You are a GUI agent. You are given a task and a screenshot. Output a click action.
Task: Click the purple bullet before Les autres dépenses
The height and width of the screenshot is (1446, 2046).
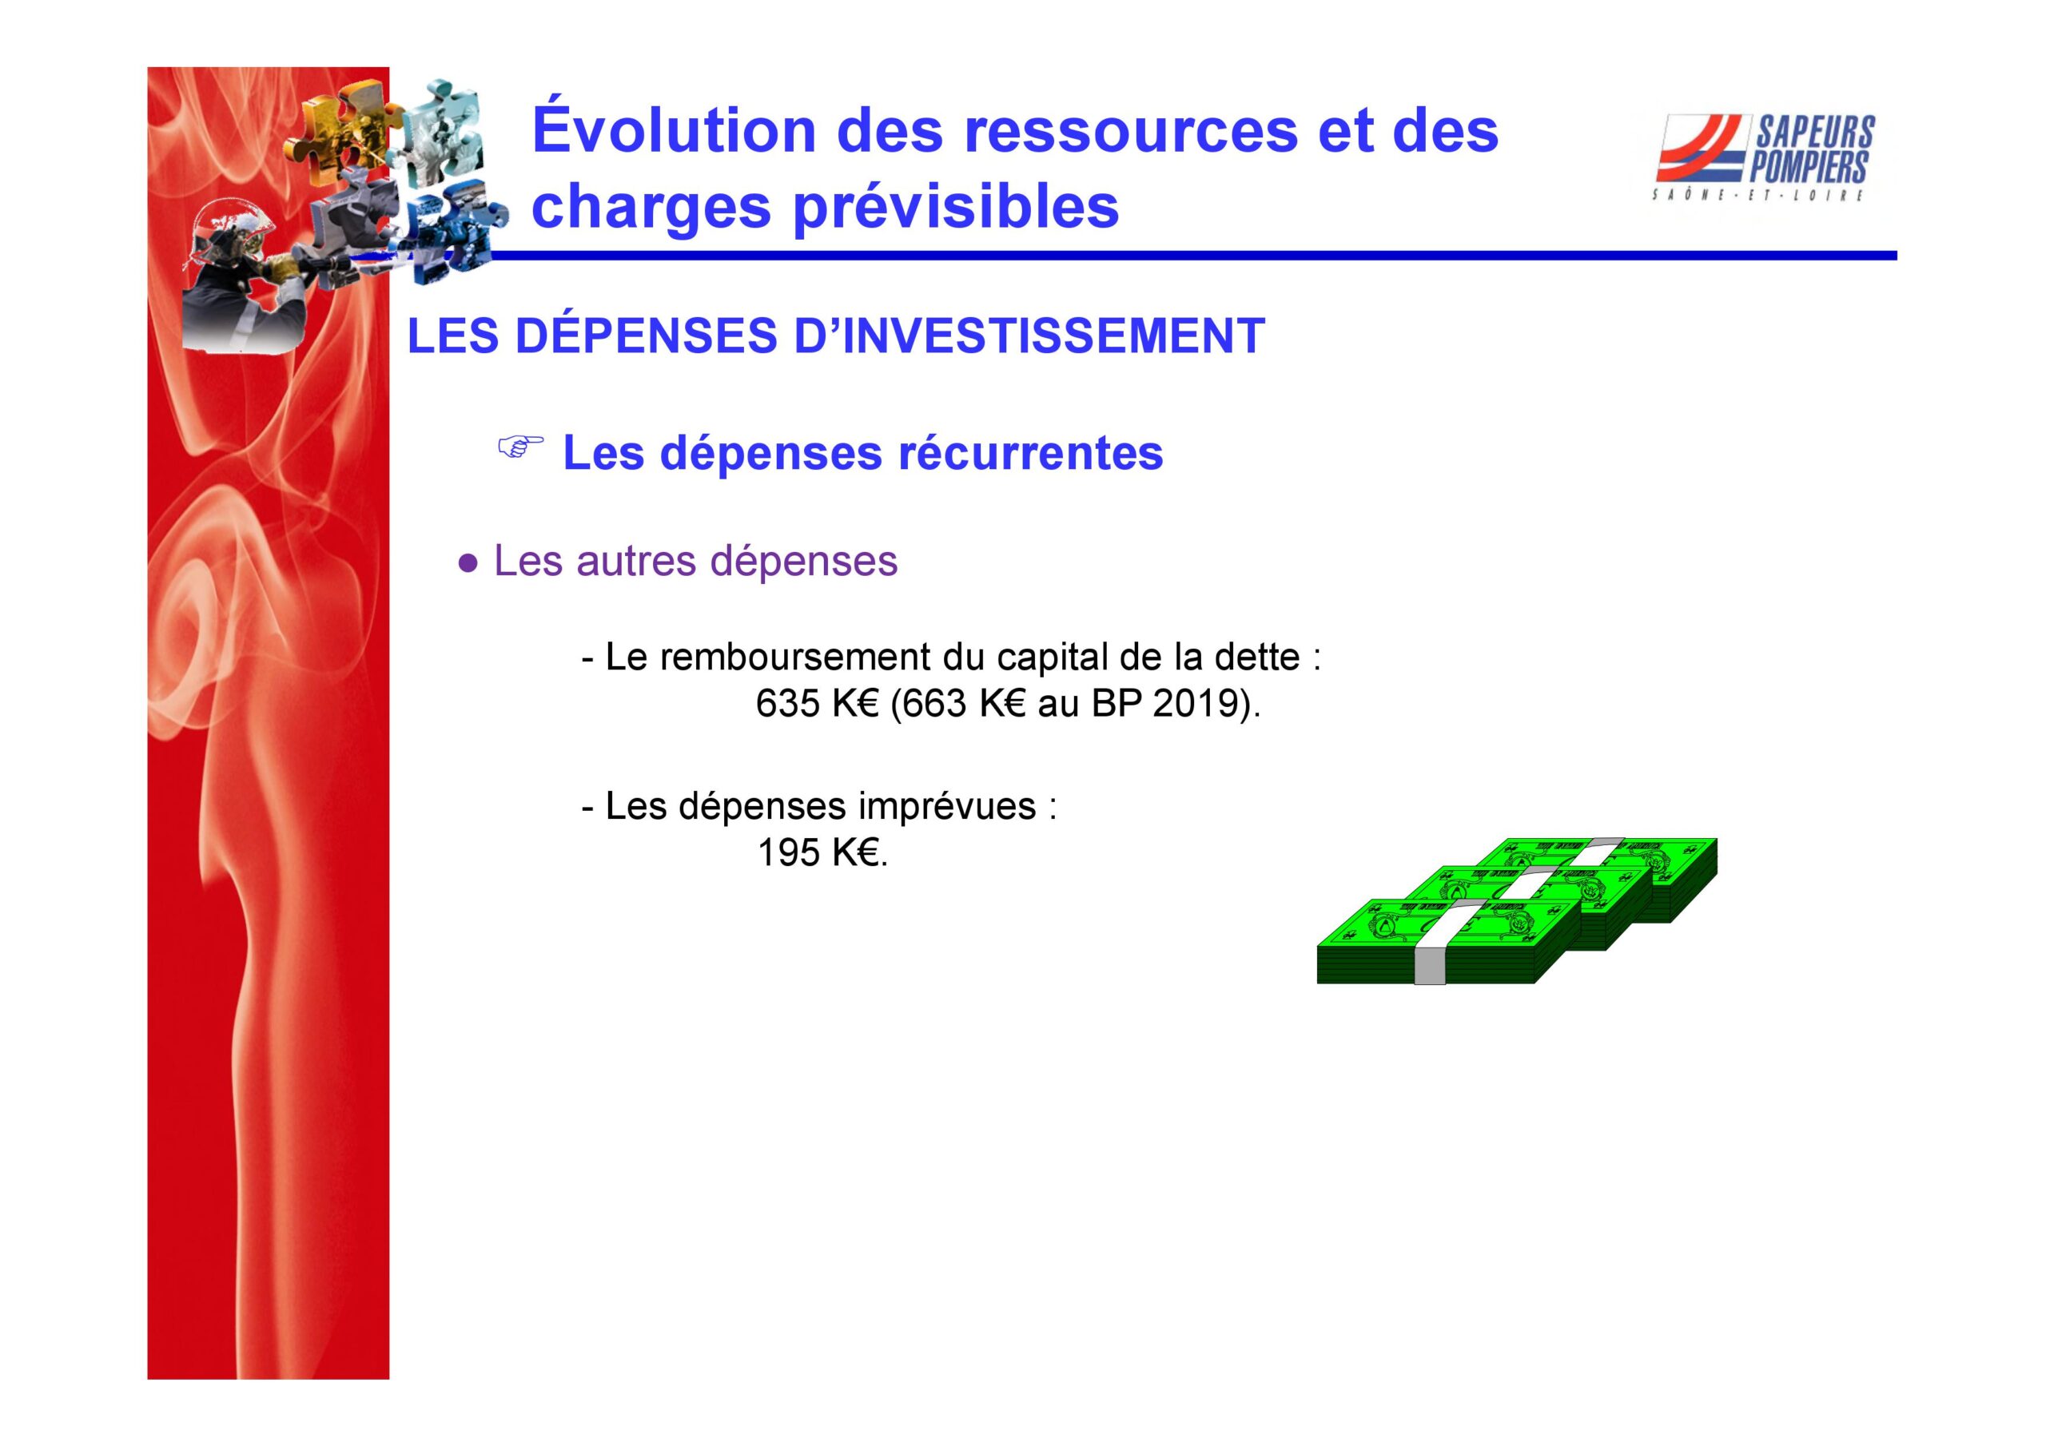(x=467, y=563)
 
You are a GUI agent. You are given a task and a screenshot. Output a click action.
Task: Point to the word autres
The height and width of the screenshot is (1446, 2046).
(x=635, y=562)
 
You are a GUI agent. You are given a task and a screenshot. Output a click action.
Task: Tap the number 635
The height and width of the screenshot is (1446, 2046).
(x=788, y=704)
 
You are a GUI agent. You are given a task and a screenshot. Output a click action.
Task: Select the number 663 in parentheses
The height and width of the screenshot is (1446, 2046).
(x=935, y=704)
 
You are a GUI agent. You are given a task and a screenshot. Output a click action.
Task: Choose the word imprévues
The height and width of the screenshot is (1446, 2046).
(x=946, y=807)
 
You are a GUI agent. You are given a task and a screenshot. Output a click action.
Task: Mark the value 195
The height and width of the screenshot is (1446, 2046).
(x=789, y=852)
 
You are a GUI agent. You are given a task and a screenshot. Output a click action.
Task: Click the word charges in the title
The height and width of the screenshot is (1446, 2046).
(x=651, y=207)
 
